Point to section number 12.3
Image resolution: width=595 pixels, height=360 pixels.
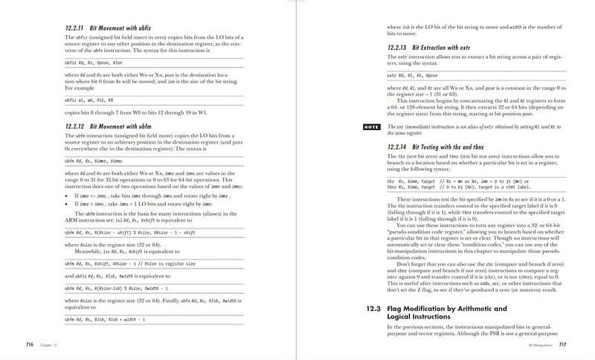[376, 309]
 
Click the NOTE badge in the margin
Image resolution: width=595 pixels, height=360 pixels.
[370, 127]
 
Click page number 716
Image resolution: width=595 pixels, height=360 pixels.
[30, 344]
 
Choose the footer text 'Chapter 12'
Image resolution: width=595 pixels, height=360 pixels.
[50, 344]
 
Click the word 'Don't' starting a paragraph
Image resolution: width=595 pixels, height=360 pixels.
[404, 265]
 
